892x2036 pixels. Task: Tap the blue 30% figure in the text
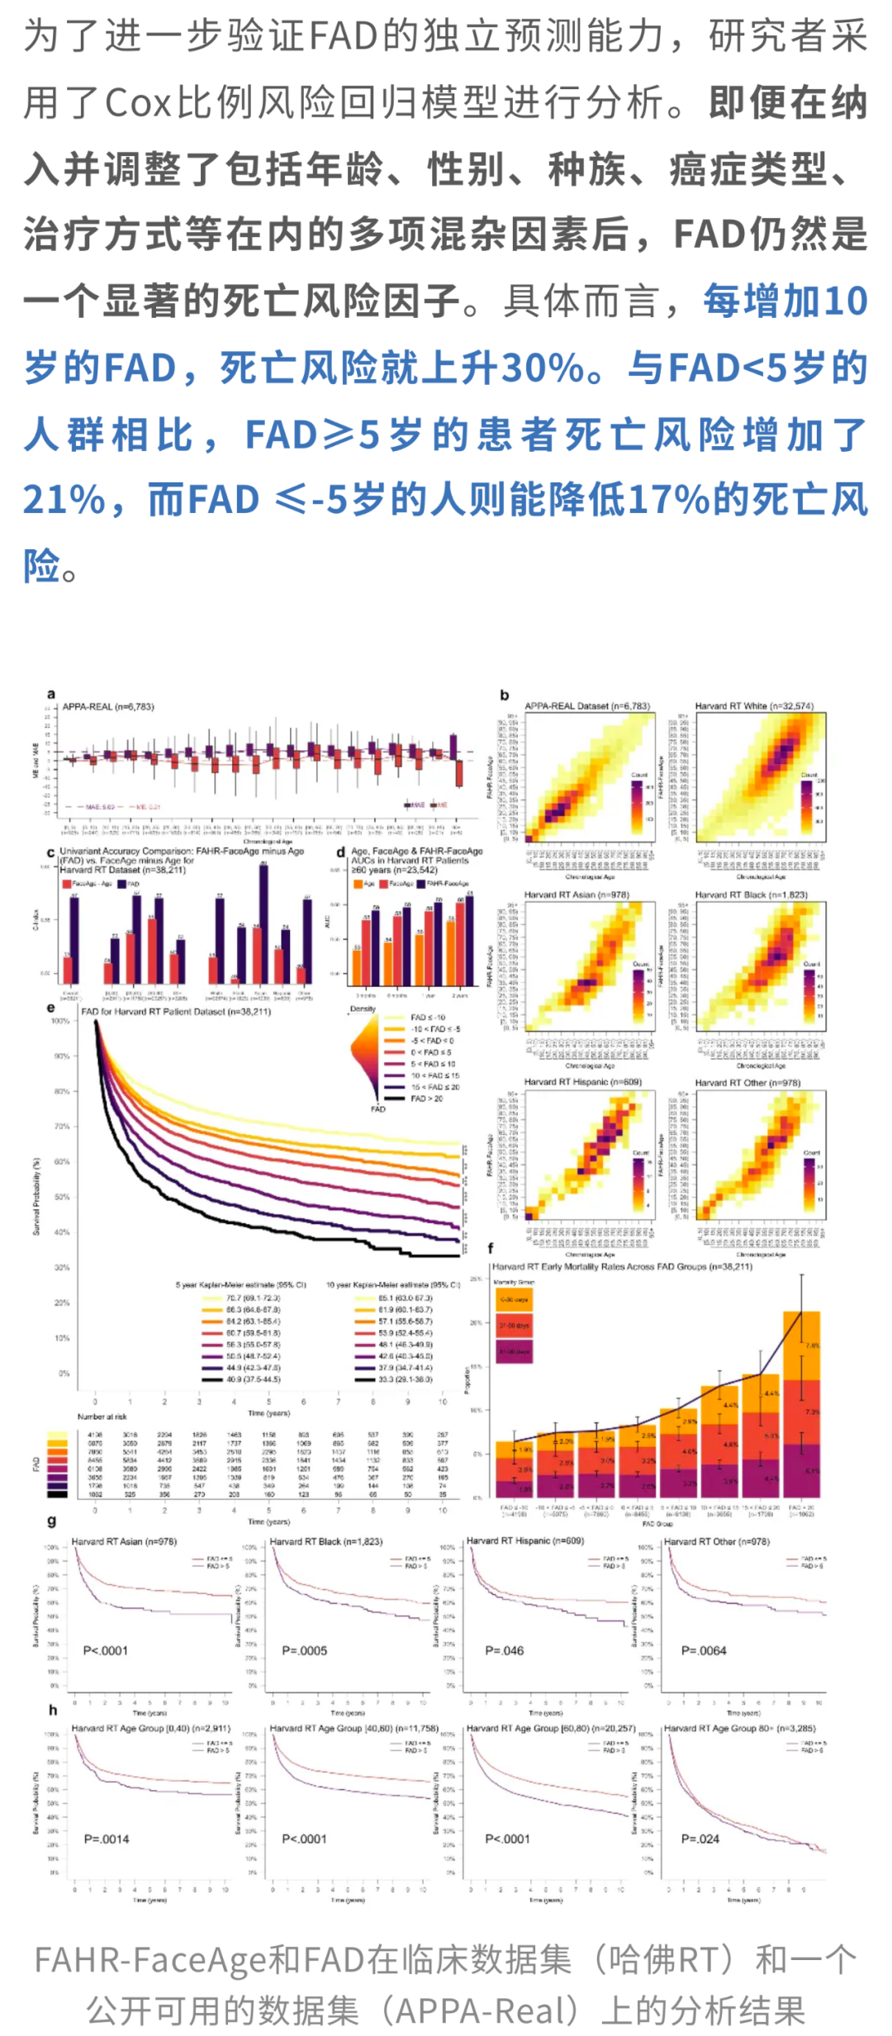[x=543, y=368]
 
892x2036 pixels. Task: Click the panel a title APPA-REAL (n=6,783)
[x=108, y=707]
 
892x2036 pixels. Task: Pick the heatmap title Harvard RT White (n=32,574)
[x=753, y=706]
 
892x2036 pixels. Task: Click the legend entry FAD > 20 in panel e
[x=427, y=1099]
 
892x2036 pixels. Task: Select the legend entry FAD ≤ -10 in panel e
[x=428, y=1018]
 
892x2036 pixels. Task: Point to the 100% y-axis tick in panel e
[x=61, y=1021]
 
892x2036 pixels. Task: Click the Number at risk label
[x=102, y=1417]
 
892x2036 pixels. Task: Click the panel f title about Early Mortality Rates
[x=622, y=1267]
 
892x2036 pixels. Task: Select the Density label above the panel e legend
[x=363, y=1009]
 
